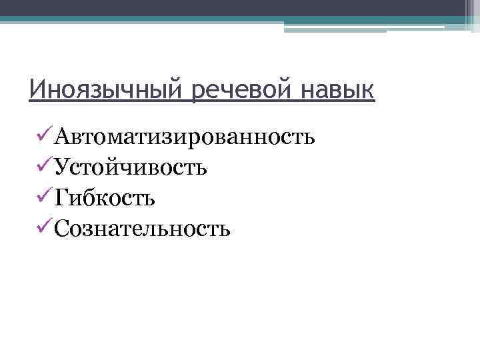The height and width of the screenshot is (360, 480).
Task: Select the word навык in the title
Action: pos(339,89)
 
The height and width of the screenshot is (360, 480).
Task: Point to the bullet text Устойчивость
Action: pos(131,167)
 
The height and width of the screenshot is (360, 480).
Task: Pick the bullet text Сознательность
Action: pos(143,228)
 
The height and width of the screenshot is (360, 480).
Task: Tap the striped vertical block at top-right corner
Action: pos(471,15)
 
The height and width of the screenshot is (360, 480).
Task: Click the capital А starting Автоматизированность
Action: pos(63,137)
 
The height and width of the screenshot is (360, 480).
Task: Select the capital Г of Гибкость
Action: pos(62,198)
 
